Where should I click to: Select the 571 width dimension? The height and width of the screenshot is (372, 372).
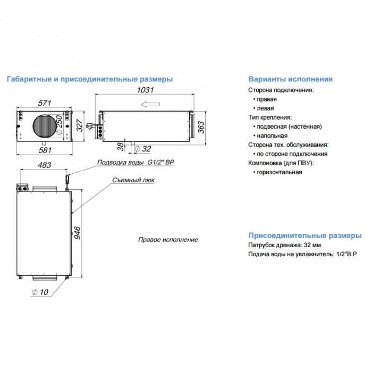[x=45, y=103]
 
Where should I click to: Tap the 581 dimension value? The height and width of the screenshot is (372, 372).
[x=45, y=150]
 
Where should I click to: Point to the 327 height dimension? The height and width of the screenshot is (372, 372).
[x=79, y=125]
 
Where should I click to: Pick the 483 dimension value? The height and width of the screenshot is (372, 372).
[x=44, y=166]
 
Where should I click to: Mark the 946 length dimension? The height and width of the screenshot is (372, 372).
[x=78, y=232]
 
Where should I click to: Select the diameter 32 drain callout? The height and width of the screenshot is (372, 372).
[x=143, y=149]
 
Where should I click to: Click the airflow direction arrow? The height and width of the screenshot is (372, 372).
[x=153, y=105]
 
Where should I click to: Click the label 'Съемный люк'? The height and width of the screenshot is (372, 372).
[x=133, y=180]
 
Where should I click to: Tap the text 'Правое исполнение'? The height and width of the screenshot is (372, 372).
[x=168, y=240]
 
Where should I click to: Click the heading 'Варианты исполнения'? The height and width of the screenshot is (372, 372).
[x=290, y=79]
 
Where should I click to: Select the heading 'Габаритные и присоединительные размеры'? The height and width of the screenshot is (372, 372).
[x=89, y=79]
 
